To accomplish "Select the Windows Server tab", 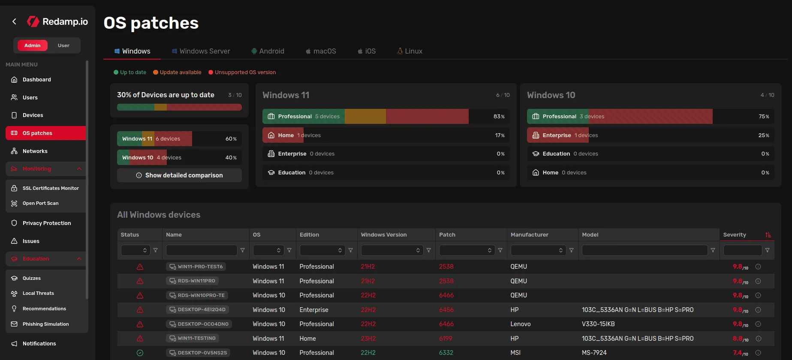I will click(x=201, y=51).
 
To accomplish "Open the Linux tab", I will click(x=410, y=51).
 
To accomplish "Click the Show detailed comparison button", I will click(x=179, y=175).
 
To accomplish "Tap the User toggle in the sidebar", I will click(x=63, y=45).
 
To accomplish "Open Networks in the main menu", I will click(x=35, y=151).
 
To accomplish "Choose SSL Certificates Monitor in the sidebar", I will click(x=51, y=188).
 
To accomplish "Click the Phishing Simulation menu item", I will click(x=45, y=324).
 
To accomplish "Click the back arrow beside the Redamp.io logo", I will click(x=14, y=21).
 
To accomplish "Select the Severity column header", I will click(x=735, y=235).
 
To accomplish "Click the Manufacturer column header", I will click(x=529, y=235).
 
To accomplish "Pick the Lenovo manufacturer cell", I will click(x=520, y=324).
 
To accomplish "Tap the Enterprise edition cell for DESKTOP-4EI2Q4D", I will click(x=314, y=310).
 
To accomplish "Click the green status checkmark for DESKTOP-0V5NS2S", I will click(x=140, y=353).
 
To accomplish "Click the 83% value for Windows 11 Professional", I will click(x=499, y=117).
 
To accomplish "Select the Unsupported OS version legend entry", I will click(x=245, y=72).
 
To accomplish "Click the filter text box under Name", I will click(x=202, y=250).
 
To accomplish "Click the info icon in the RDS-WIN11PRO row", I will click(x=758, y=281).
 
